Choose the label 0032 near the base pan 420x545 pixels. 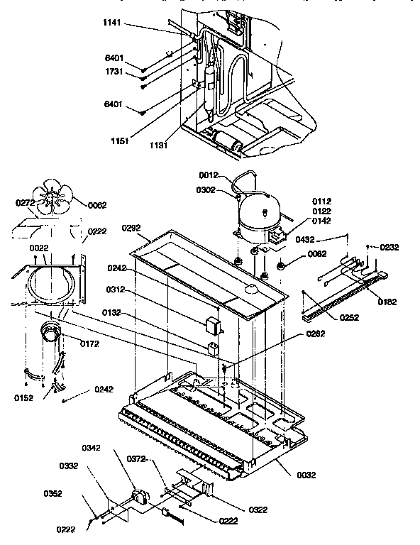(x=306, y=475)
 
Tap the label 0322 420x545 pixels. (x=238, y=510)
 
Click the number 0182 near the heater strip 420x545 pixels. (x=387, y=302)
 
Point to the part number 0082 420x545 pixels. (x=316, y=253)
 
